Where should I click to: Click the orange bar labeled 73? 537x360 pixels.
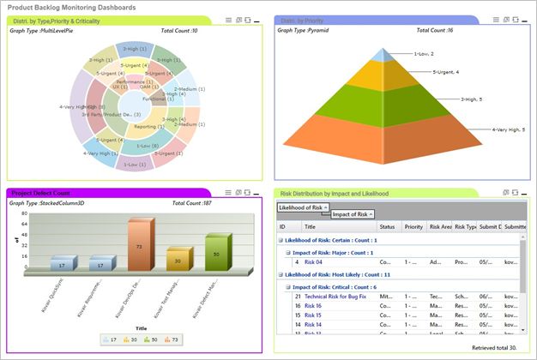(140, 245)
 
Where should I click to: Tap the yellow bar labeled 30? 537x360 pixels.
(177, 261)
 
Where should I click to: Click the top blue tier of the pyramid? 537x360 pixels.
(386, 56)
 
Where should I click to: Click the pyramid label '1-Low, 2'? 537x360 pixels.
(427, 53)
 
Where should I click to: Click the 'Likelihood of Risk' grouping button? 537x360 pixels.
(302, 207)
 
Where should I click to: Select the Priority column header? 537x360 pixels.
(413, 226)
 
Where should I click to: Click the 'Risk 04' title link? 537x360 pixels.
(313, 262)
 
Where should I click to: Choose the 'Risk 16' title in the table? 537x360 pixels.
(313, 305)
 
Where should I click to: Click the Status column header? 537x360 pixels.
(387, 226)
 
